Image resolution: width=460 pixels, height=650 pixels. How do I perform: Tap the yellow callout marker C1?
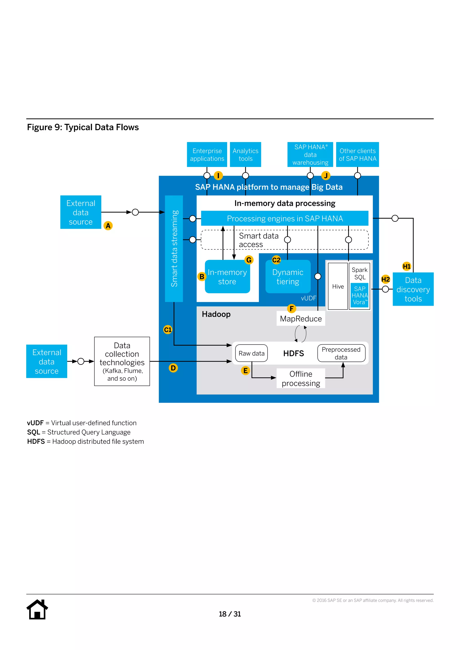coord(168,329)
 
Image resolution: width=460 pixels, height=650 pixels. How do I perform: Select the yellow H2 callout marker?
coord(385,279)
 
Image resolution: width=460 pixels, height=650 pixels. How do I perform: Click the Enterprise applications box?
coord(207,155)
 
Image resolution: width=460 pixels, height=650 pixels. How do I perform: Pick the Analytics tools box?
coord(245,155)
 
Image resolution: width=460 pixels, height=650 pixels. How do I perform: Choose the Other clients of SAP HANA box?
coord(357,155)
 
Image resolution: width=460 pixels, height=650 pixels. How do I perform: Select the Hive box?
coord(338,286)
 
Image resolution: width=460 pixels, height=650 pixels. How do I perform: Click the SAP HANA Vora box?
coord(359,295)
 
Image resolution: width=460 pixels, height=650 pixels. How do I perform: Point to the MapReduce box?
coord(301,319)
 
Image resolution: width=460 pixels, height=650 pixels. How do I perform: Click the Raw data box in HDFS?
coord(252,353)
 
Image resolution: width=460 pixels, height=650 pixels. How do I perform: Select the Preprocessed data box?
coord(341,353)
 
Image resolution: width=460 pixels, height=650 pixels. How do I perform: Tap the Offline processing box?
coord(301,378)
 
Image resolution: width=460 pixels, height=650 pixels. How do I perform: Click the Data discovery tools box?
coord(413,289)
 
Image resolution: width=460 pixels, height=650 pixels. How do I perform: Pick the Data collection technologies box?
coord(122,361)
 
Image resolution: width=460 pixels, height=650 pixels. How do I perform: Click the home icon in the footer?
coord(37,610)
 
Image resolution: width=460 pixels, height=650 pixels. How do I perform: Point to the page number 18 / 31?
coord(230,614)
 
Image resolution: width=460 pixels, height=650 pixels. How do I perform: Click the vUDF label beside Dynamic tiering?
coord(308,298)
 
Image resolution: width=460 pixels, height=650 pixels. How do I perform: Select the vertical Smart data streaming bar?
coord(174,248)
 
